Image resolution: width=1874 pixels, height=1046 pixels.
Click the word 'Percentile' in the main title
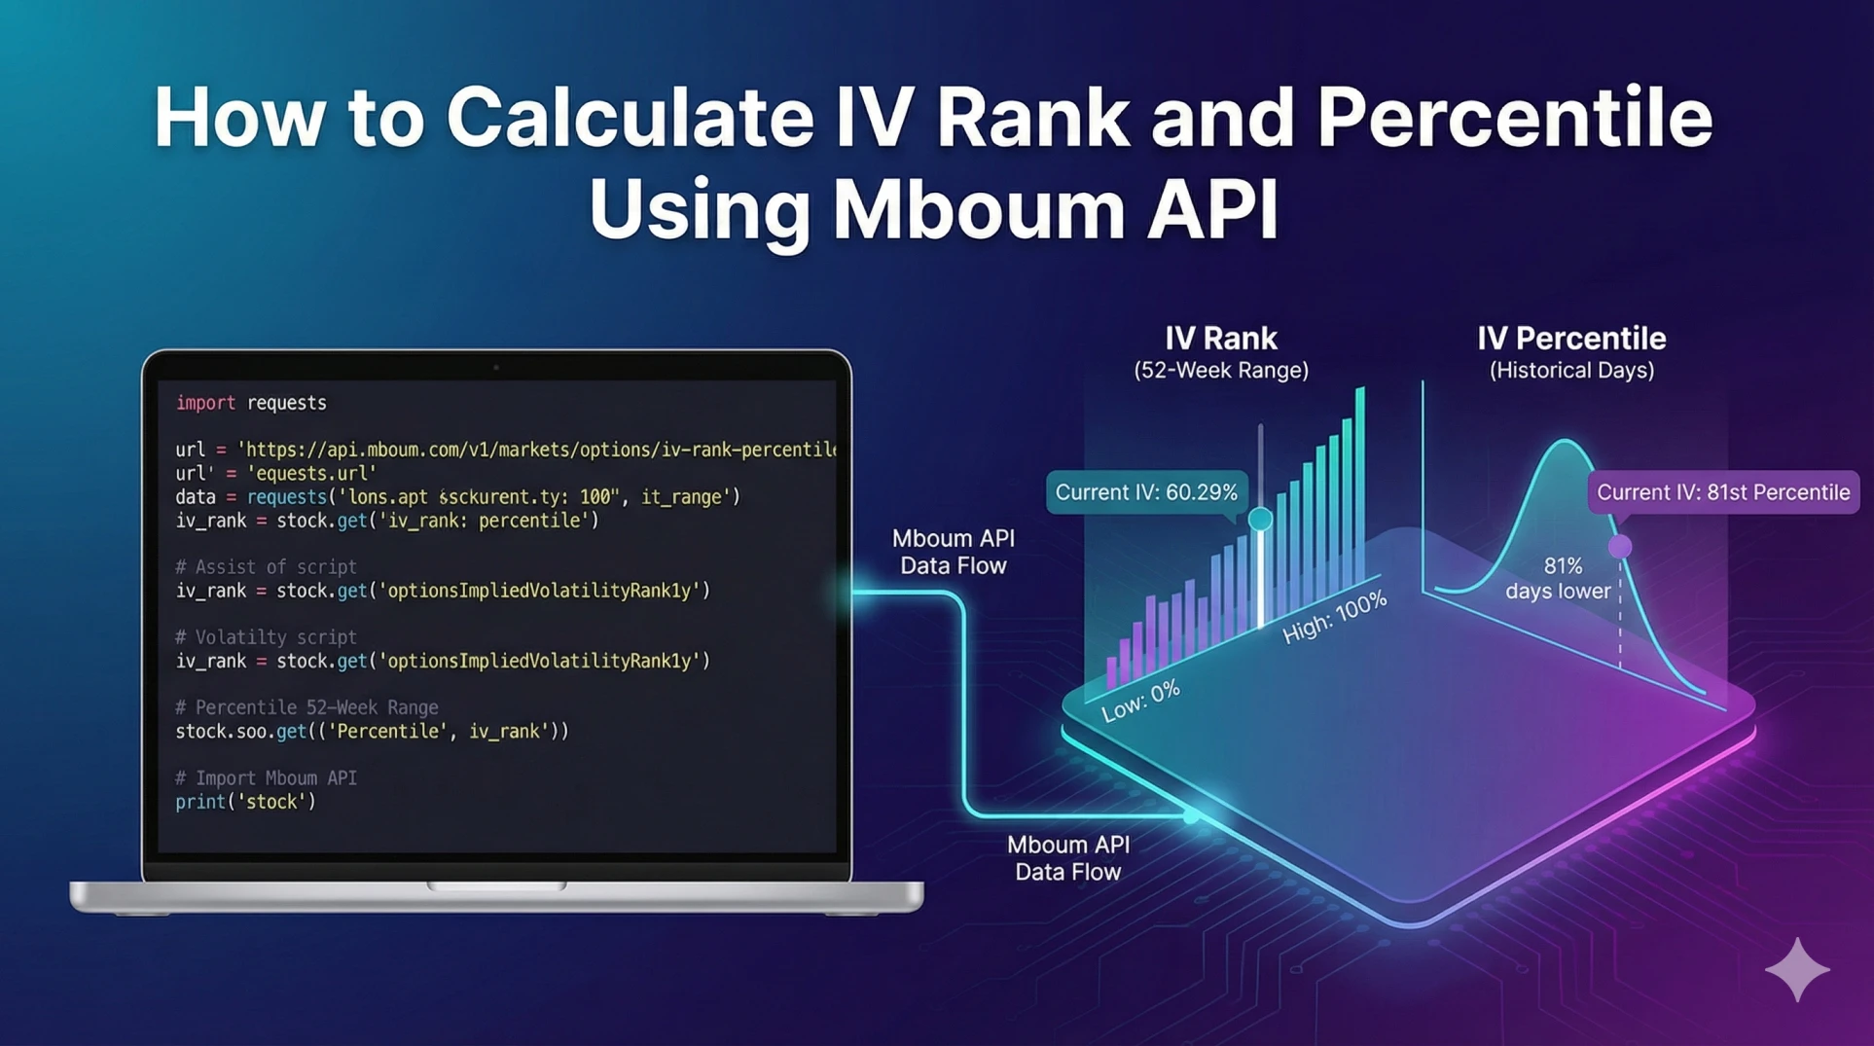click(1513, 118)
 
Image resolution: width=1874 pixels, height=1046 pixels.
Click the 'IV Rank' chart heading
click(1220, 339)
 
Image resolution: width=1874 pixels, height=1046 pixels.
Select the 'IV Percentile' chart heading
click(1570, 339)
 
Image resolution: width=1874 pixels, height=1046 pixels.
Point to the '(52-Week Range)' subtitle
click(1220, 371)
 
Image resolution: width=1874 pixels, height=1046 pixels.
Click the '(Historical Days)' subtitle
click(1570, 371)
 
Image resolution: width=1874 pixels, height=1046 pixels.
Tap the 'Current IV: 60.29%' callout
click(1145, 492)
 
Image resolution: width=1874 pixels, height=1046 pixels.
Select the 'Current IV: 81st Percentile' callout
click(1722, 492)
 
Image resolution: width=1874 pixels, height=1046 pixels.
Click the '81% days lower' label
click(1560, 578)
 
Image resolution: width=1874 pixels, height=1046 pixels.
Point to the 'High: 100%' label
click(1334, 618)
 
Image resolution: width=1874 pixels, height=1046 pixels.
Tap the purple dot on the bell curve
click(1619, 547)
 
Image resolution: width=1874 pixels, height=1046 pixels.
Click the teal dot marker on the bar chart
click(1260, 519)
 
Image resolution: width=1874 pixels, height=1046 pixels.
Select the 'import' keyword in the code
click(205, 403)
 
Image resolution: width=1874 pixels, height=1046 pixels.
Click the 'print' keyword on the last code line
click(199, 802)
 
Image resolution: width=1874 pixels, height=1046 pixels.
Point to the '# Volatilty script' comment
click(266, 637)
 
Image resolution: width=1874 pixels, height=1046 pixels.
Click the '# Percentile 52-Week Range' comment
click(306, 707)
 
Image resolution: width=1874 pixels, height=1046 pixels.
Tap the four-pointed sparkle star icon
click(1796, 969)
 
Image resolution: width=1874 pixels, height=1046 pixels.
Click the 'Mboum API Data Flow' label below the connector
click(1067, 858)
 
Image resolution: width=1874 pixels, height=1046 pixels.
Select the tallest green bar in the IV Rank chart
click(1359, 487)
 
